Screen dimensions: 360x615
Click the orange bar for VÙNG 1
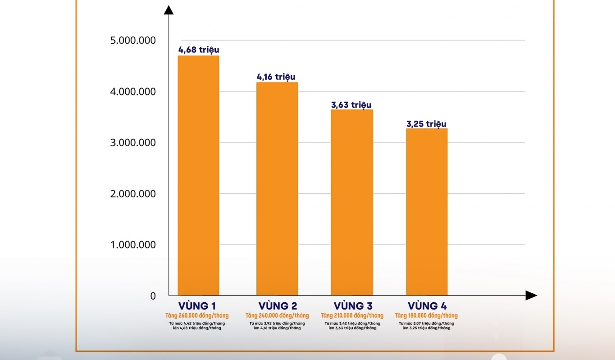click(198, 176)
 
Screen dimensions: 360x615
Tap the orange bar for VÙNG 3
click(352, 202)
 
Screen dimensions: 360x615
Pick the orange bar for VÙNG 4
click(427, 212)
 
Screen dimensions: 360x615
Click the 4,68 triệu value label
click(198, 50)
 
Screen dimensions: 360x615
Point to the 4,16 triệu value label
click(276, 77)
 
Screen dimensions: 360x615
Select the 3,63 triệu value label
click(351, 105)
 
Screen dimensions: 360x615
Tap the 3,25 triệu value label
click(426, 124)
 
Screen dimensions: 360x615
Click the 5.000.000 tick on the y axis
click(133, 41)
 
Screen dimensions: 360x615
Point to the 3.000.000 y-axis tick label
click(133, 143)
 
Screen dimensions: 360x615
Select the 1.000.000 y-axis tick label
click(133, 245)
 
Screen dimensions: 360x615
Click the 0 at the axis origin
click(153, 296)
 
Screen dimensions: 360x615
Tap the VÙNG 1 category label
click(196, 306)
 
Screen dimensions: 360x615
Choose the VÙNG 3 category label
click(352, 306)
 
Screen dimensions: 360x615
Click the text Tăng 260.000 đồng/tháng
click(196, 315)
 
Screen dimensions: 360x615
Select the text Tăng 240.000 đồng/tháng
click(277, 315)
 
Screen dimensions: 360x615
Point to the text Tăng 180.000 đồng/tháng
click(426, 315)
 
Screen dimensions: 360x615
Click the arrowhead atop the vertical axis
click(169, 10)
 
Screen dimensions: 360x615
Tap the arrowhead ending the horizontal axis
click(531, 296)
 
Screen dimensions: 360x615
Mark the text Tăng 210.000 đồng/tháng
click(352, 315)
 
